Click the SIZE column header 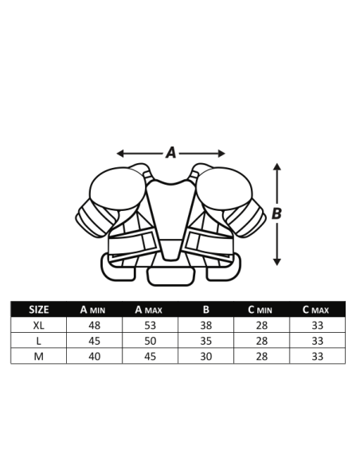(x=39, y=310)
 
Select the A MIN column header (x=92, y=310)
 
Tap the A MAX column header (x=149, y=310)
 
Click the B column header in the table (x=206, y=310)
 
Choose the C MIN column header (x=260, y=310)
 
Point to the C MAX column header (x=316, y=310)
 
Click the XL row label (x=38, y=326)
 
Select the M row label (x=39, y=356)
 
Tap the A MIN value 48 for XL (x=94, y=326)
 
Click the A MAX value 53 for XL (x=150, y=326)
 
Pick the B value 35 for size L (x=205, y=341)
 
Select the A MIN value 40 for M (x=94, y=356)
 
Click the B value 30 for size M (x=205, y=356)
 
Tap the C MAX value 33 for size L (x=317, y=341)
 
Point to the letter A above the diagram (x=171, y=153)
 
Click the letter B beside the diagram (x=276, y=213)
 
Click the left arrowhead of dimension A (x=119, y=154)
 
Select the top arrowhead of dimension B (x=276, y=166)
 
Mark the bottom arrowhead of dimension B (x=276, y=262)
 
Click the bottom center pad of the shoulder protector (x=171, y=277)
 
